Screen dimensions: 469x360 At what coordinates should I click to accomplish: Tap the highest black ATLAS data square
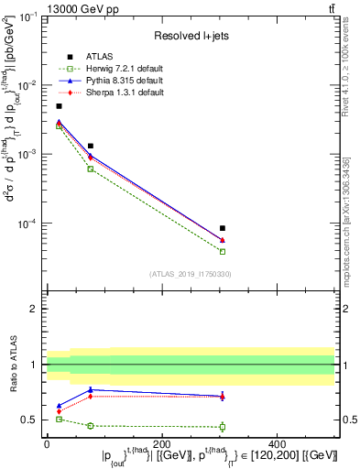click(x=60, y=106)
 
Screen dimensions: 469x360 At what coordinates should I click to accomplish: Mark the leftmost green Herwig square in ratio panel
click(x=60, y=419)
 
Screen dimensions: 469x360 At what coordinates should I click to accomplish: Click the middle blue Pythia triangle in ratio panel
click(x=91, y=389)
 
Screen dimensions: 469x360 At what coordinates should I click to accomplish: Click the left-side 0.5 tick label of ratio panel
click(x=29, y=420)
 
